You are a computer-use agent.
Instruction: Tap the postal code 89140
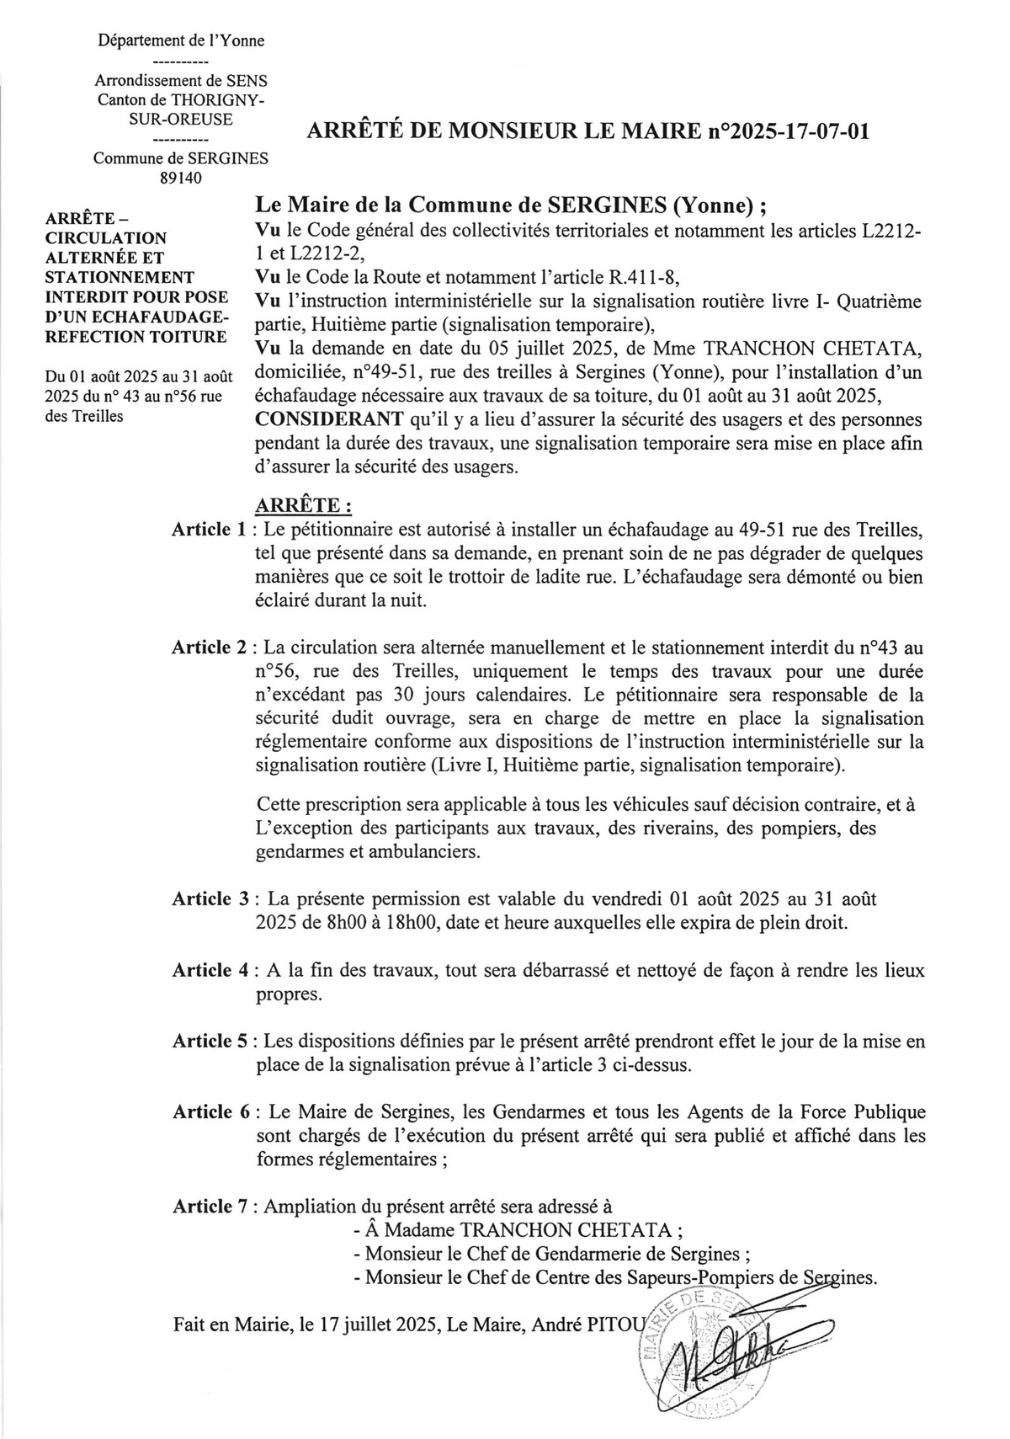point(180,178)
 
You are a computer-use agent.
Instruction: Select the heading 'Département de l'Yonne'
point(180,40)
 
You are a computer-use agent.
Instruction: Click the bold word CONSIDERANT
point(322,419)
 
